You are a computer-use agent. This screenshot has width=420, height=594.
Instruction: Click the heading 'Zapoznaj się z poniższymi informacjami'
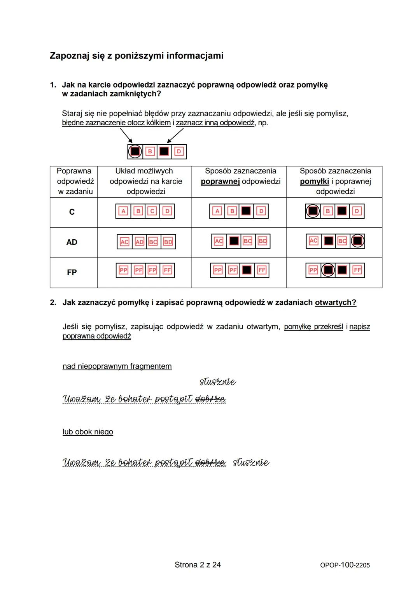136,56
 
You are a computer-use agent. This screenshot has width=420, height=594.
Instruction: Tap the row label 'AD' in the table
72,242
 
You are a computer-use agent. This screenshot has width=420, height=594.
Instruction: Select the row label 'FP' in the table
72,272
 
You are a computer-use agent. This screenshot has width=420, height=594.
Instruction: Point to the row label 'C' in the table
72,212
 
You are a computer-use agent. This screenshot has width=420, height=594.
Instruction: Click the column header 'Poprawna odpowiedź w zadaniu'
74,181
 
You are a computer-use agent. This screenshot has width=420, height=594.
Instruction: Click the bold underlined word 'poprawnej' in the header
220,181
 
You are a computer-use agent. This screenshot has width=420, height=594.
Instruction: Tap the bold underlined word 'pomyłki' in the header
314,181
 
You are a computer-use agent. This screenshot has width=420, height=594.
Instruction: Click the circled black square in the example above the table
135,151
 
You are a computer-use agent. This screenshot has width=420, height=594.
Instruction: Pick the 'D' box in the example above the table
179,151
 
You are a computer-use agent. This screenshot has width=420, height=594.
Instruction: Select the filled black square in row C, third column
246,211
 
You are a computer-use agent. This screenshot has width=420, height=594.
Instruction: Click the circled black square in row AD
357,241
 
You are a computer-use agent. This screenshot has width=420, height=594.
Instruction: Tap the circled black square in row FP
328,270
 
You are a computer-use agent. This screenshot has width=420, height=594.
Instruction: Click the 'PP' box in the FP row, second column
123,270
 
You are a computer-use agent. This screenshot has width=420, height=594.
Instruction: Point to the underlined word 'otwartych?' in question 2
335,303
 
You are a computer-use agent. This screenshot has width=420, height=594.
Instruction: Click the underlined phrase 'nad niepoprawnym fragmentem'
117,366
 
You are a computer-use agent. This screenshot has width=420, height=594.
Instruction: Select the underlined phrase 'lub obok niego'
88,432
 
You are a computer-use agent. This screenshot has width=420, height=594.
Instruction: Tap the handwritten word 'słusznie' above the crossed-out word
218,382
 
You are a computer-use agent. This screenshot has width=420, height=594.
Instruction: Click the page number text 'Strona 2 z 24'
198,565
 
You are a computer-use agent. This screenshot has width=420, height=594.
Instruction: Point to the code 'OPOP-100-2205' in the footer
345,565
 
